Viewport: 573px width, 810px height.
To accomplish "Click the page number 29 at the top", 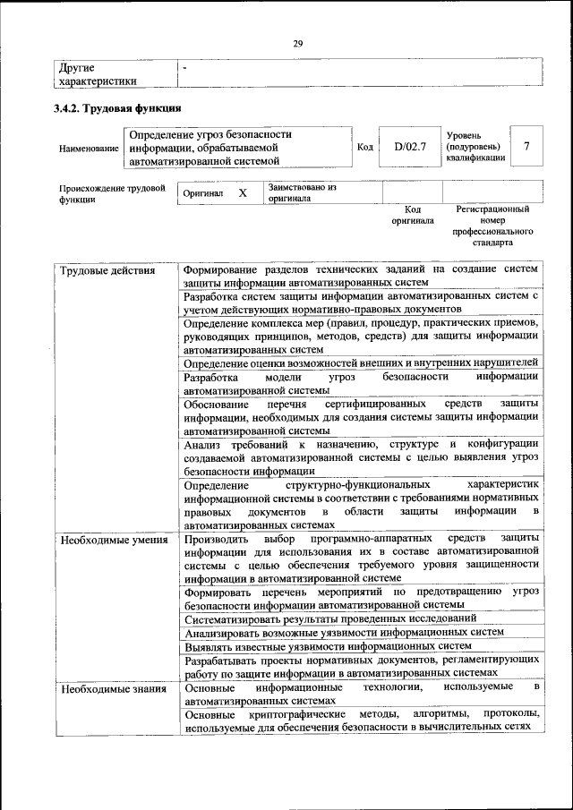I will [x=297, y=42].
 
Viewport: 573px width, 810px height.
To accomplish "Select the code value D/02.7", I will [x=410, y=146].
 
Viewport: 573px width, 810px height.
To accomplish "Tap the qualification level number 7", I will [x=526, y=146].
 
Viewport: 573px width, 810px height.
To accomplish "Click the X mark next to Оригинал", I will [x=242, y=192].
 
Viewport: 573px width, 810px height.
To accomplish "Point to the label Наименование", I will [x=89, y=148].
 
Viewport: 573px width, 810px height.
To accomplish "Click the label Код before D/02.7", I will [x=364, y=147].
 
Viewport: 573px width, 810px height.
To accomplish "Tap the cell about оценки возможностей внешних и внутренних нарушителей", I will [x=360, y=362].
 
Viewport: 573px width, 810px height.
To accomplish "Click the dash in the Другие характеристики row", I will [x=185, y=68].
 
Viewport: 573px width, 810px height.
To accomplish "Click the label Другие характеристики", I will [x=98, y=74].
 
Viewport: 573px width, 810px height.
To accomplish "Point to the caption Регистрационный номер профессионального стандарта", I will [x=492, y=225].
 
